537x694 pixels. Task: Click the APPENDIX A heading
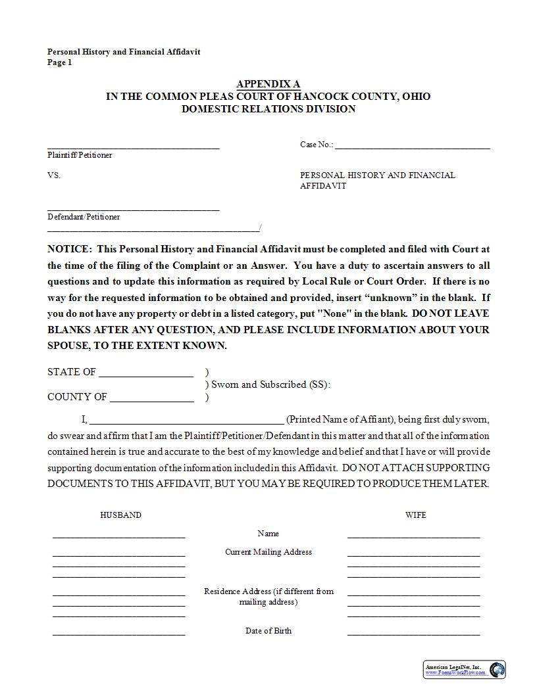tap(268, 83)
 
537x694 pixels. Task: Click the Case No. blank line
tap(412, 146)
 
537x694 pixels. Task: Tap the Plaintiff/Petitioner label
tap(80, 155)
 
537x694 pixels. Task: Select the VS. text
tap(54, 175)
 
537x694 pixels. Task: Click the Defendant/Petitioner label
tap(84, 216)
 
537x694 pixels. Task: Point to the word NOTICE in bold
tap(68, 249)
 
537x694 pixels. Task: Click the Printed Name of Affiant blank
tap(186, 421)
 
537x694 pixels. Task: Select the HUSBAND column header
tap(120, 515)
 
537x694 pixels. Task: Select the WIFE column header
tap(415, 515)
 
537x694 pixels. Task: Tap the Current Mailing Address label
tap(268, 552)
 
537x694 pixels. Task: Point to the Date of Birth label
tap(268, 631)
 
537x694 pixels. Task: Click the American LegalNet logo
tap(464, 670)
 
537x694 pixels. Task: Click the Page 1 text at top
tap(59, 62)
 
